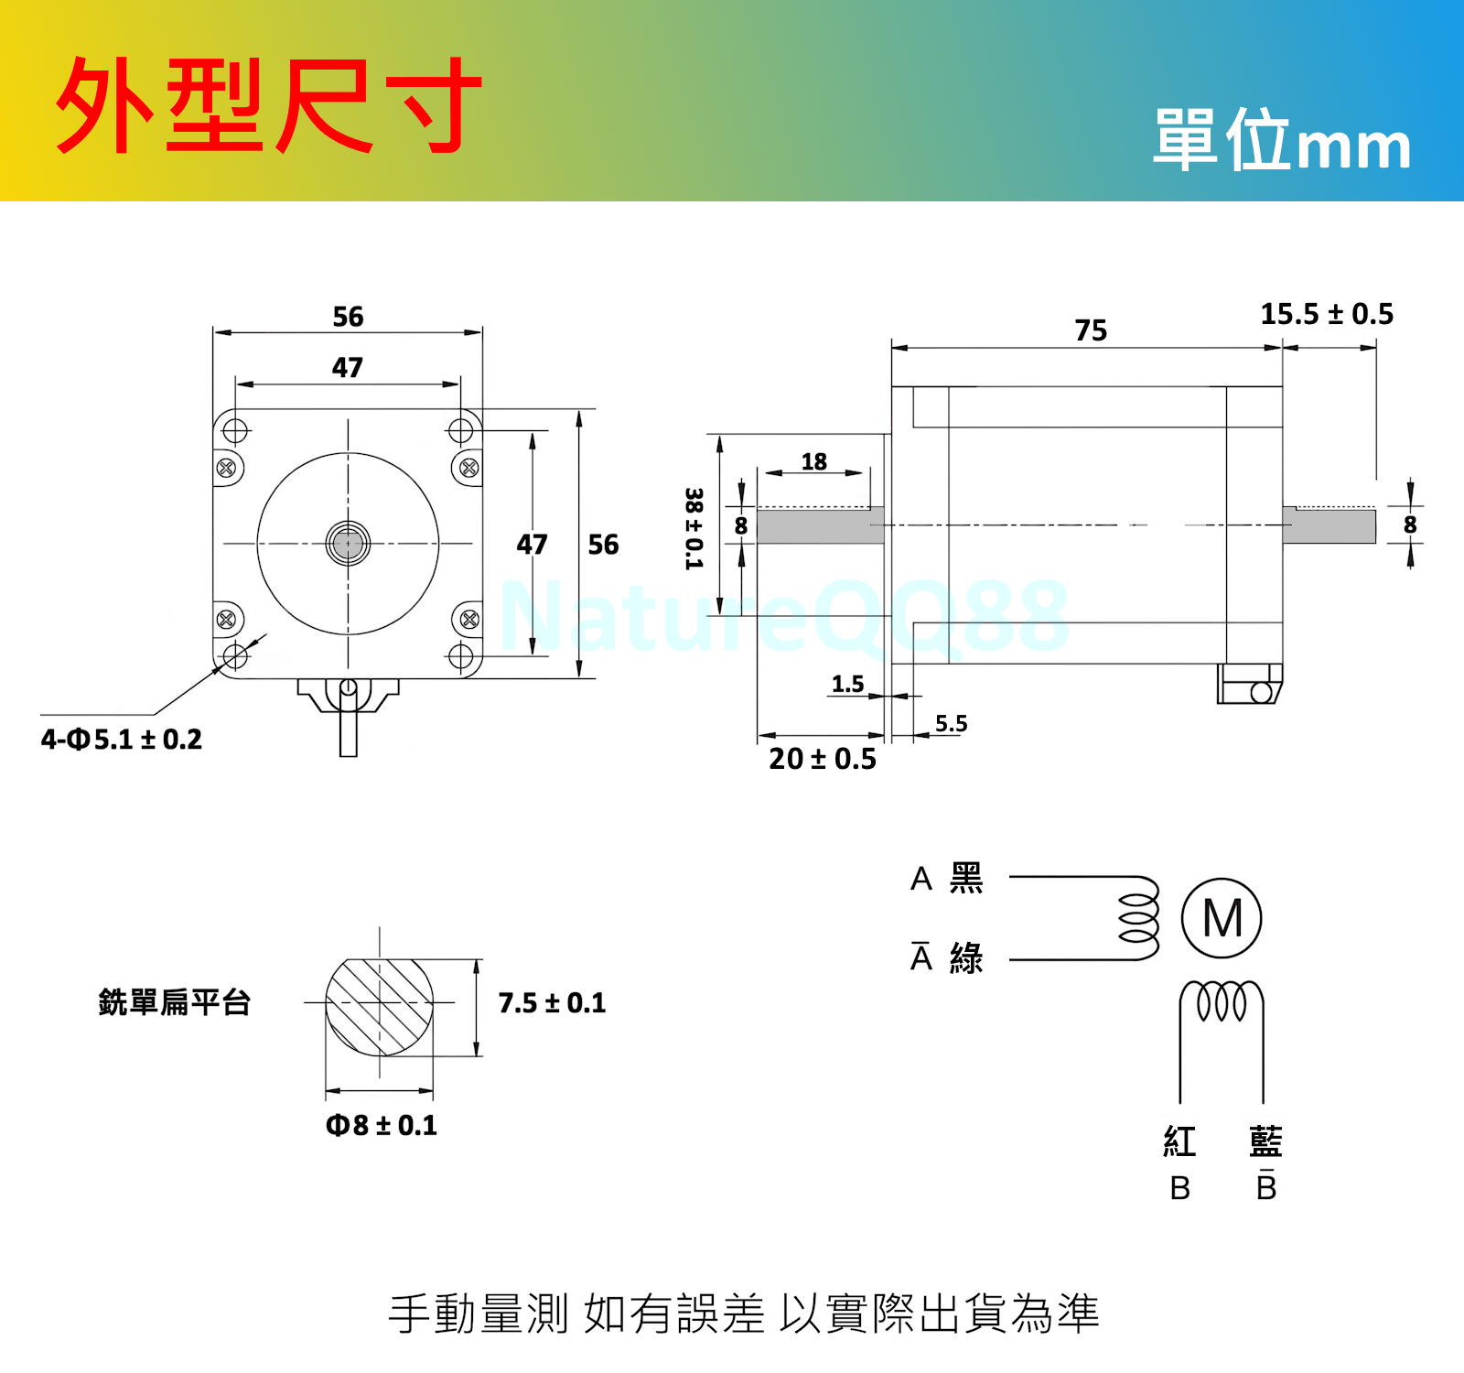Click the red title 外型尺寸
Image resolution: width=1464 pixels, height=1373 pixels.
268,105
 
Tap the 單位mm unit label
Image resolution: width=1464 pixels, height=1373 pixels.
1281,142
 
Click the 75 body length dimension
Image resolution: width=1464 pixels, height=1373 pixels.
1091,330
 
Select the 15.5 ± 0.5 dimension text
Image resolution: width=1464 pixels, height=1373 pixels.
1327,314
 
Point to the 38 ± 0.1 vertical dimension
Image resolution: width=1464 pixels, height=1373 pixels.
694,528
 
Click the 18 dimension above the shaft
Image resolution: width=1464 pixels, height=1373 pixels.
813,461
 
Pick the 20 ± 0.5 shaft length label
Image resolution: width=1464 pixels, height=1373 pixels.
822,759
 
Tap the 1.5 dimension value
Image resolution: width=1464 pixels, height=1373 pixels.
847,684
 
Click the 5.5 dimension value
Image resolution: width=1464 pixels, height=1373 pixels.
951,724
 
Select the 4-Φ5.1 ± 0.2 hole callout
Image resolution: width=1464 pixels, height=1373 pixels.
121,740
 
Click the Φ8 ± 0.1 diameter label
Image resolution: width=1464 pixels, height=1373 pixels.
382,1125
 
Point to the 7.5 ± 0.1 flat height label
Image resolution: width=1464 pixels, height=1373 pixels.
552,1003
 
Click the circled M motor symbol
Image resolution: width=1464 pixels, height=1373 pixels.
1222,918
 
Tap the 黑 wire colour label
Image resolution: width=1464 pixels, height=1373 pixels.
966,878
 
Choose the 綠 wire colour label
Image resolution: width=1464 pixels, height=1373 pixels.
966,958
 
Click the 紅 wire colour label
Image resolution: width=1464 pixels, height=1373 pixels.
1179,1141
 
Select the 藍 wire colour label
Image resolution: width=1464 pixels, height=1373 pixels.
1265,1141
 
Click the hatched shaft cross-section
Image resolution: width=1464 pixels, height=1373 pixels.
380,1006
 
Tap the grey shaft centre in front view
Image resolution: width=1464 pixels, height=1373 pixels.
348,544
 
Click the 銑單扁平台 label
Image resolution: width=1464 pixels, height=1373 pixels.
174,1002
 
